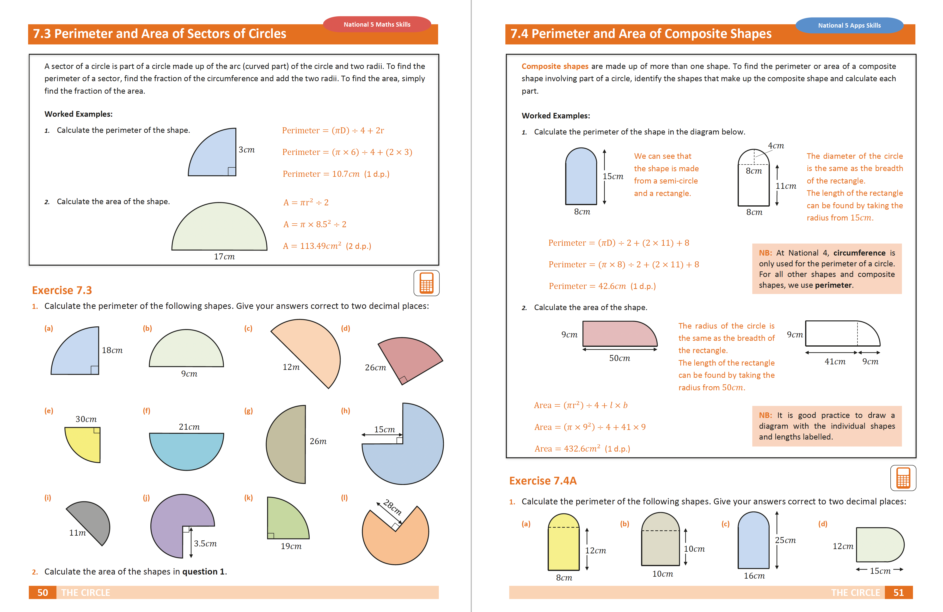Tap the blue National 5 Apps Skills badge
(x=849, y=25)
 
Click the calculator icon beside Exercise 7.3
(x=426, y=283)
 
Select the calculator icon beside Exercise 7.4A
(x=903, y=478)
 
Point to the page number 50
(x=43, y=593)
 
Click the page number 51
(x=898, y=593)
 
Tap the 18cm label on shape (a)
(x=112, y=350)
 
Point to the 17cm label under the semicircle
(x=224, y=257)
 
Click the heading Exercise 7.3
(x=62, y=290)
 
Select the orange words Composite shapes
(x=555, y=66)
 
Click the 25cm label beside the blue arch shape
(x=785, y=540)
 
